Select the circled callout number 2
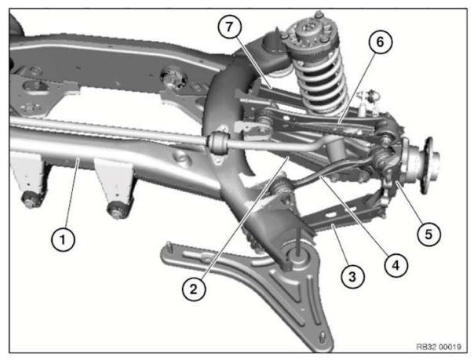[197, 289]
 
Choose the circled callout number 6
[379, 42]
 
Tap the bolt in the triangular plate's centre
[299, 254]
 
